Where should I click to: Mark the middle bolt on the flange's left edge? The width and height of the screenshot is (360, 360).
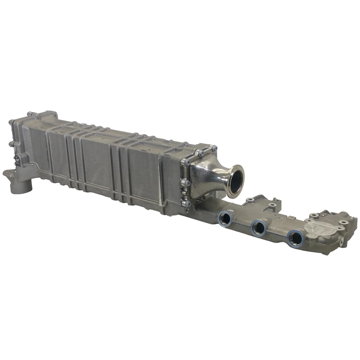[x=185, y=181]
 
